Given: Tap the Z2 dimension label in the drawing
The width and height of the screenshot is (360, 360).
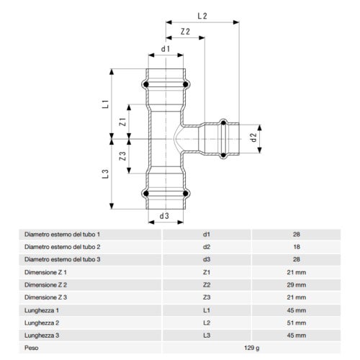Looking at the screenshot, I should coord(185,32).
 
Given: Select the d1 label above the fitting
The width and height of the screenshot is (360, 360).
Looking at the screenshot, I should coord(166,49).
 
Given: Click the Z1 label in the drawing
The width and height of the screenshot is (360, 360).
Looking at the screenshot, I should coord(123,122).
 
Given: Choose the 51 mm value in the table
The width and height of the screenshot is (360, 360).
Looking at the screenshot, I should coord(297,323).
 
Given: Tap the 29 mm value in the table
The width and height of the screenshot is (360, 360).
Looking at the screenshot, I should coord(297,284).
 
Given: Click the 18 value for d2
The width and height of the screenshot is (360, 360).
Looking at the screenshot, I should coord(297,247).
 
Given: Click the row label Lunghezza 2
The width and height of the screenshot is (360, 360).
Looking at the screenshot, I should coord(42,323).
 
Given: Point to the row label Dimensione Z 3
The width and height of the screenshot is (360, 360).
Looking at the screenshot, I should coord(46,297).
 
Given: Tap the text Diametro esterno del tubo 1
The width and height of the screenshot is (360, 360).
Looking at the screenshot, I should coord(63,234).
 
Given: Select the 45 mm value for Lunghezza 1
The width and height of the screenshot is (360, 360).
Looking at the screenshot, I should coord(297,310).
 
